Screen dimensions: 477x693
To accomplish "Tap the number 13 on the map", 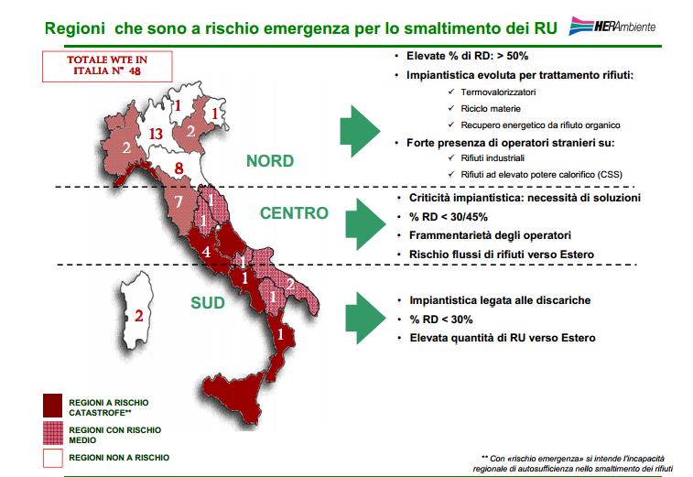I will pos(155,135).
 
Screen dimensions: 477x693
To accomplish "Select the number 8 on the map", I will pos(179,168).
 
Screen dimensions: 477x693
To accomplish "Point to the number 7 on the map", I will pos(179,201).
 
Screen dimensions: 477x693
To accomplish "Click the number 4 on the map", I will pos(207,251).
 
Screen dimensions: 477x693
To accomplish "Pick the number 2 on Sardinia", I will pos(138,317).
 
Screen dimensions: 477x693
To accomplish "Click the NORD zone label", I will pos(270,161).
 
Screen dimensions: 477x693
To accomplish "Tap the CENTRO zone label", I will pos(294,213).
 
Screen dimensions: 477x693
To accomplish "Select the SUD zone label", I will pos(208,301).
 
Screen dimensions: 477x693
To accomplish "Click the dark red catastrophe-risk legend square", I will pos(51,405).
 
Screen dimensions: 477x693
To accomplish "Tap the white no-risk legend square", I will pos(51,458).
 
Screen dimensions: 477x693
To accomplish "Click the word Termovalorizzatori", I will pos(499,92).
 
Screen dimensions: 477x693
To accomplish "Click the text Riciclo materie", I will pos(492,108).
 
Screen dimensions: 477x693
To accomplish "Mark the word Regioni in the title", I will pos(75,28).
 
